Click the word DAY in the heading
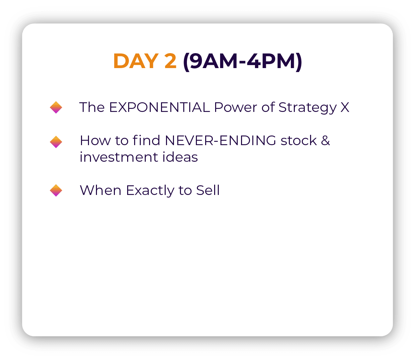coord(136,61)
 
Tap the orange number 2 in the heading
coord(170,61)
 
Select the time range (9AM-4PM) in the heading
coord(243,61)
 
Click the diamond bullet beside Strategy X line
coord(56,107)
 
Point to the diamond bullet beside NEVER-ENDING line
coord(56,142)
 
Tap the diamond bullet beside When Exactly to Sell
coord(56,190)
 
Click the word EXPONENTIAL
coord(159,107)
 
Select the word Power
coord(235,107)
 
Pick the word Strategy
coord(307,108)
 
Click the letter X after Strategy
coord(345,107)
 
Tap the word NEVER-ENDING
coord(220,140)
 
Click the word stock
coord(299,140)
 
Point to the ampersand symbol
coord(325,140)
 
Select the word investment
coord(119,157)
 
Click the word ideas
coord(180,157)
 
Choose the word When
coord(101,190)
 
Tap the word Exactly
coord(150,191)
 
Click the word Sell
coord(208,190)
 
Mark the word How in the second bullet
coord(95,140)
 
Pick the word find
coord(146,140)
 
